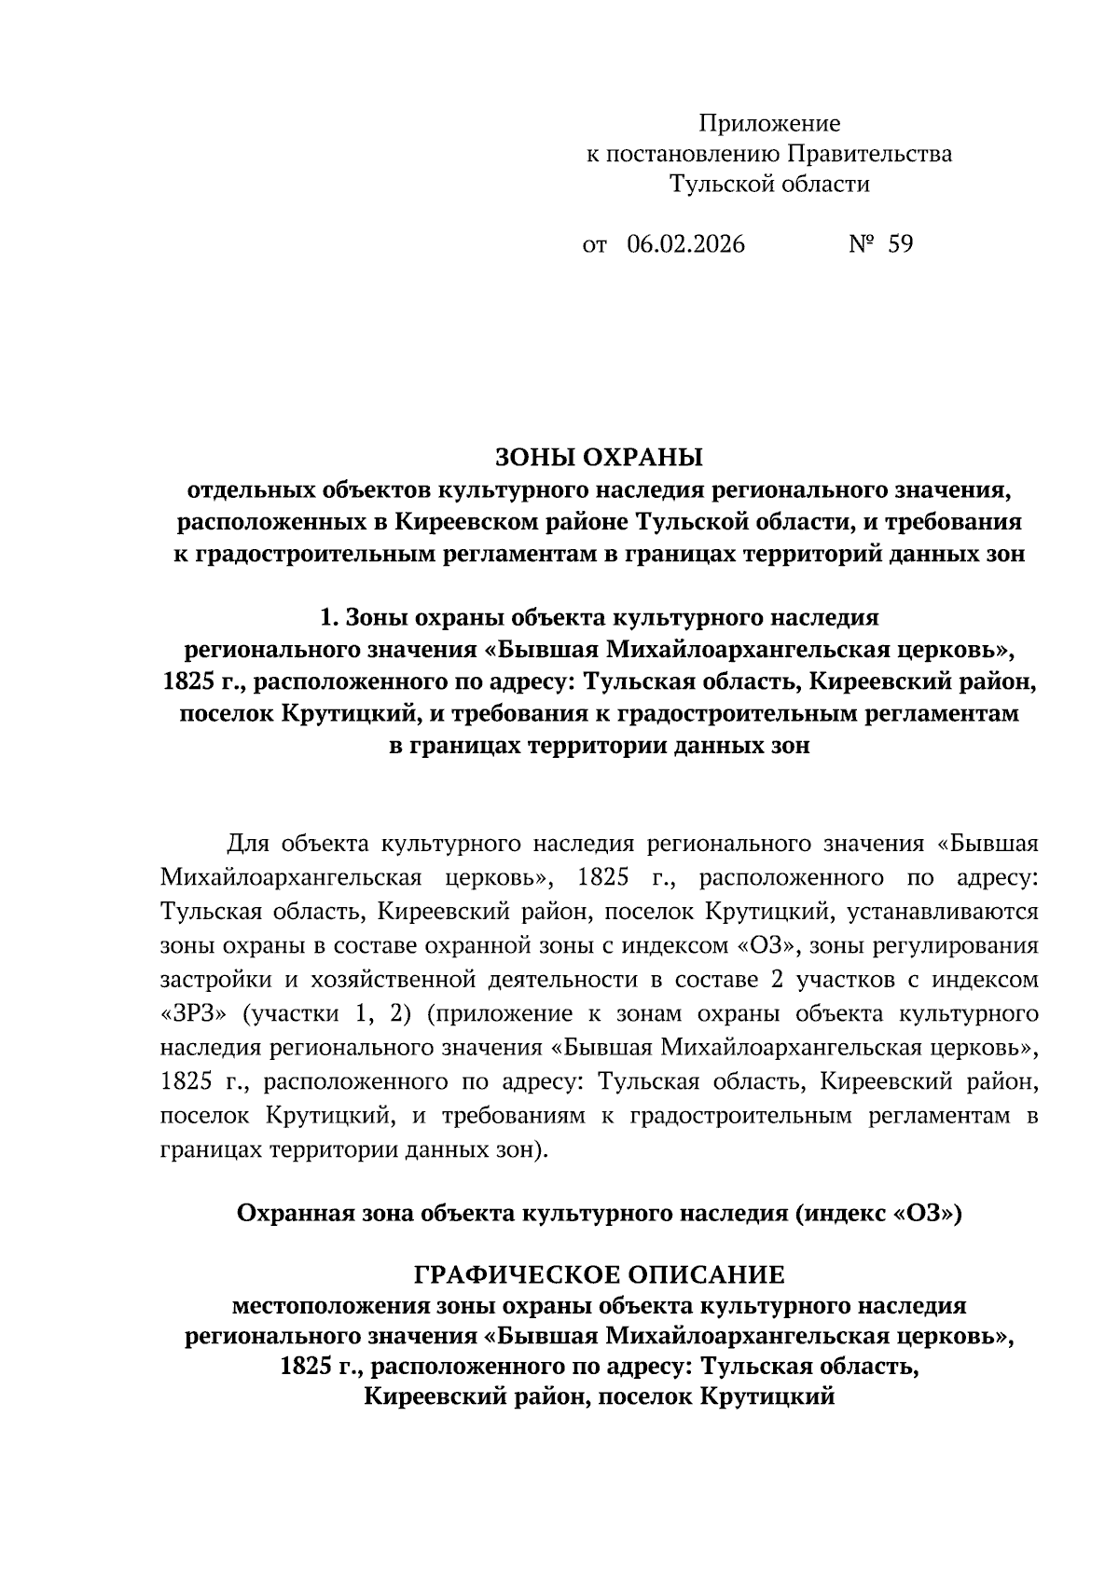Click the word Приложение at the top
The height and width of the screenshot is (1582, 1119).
tap(769, 123)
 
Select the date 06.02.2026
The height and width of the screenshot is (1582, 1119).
tap(685, 244)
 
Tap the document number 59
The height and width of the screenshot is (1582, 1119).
tap(901, 244)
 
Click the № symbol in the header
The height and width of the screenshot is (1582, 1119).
tap(861, 244)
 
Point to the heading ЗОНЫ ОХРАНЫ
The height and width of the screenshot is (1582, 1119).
tap(598, 458)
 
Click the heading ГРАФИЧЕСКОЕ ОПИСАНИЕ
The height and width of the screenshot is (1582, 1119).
tap(599, 1273)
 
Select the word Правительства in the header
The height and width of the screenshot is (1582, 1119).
tap(870, 154)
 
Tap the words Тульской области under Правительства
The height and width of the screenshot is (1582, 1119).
tap(769, 185)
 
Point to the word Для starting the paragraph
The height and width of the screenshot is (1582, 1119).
tap(248, 845)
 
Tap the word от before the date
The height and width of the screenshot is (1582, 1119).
tap(594, 245)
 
